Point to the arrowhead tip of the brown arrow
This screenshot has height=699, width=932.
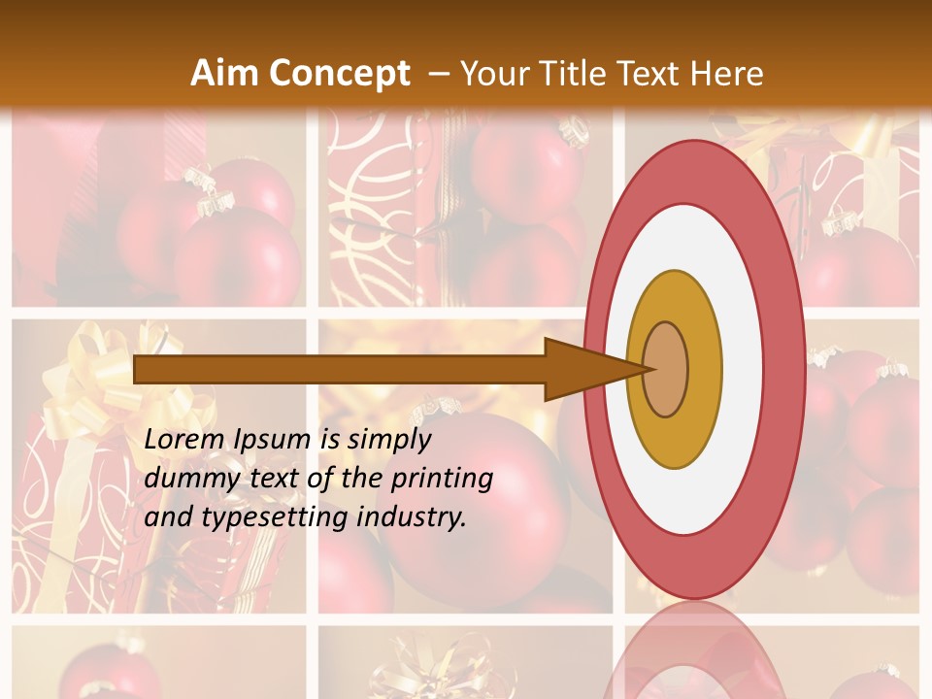[648, 369]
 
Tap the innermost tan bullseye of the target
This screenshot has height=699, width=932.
[666, 370]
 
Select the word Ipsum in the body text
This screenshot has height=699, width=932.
[276, 441]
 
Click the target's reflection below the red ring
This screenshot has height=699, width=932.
[693, 650]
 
